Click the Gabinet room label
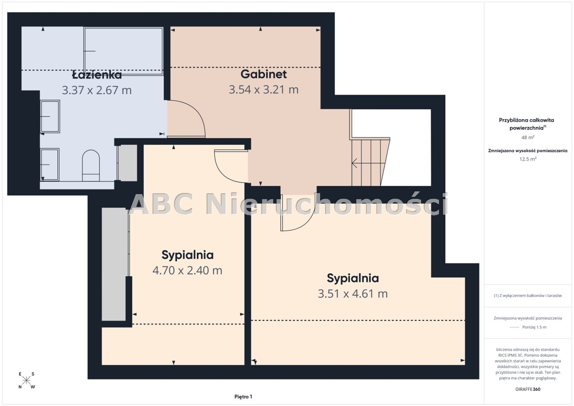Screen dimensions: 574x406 [x=263, y=74]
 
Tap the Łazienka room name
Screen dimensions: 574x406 [x=96, y=75]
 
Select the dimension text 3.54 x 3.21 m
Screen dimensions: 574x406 [x=263, y=90]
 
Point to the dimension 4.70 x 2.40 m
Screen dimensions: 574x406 [x=187, y=270]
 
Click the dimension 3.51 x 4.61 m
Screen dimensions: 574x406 [x=352, y=294]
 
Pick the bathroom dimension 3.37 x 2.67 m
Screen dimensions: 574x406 [x=96, y=90]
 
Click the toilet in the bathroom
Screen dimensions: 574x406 [x=91, y=165]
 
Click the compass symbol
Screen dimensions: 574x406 [x=26, y=380]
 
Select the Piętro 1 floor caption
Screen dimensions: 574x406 [x=243, y=397]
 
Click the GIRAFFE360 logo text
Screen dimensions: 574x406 [x=528, y=389]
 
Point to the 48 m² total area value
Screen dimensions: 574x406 [x=528, y=138]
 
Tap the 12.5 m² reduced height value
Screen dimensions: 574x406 [x=528, y=159]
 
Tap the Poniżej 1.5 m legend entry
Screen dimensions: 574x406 [x=528, y=327]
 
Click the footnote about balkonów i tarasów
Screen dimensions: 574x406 [x=528, y=296]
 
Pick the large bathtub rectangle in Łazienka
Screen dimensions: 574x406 [x=123, y=51]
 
